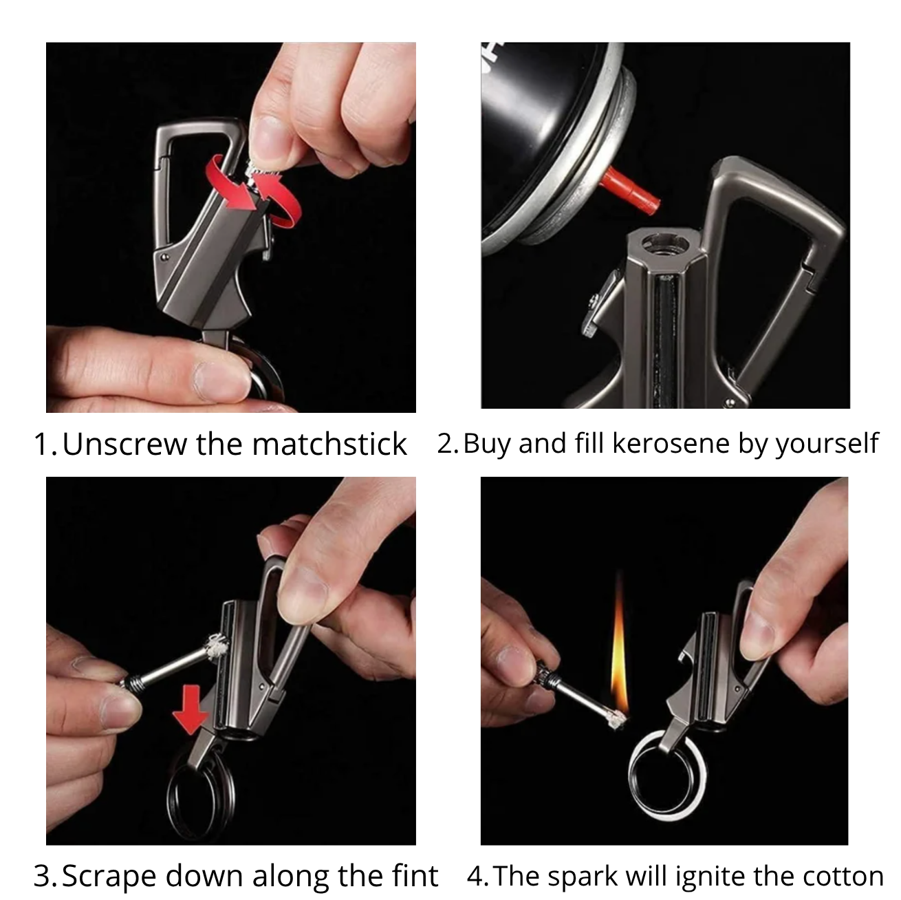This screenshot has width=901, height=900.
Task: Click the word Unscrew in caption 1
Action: pos(124,444)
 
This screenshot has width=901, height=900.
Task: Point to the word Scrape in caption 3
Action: pos(109,864)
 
